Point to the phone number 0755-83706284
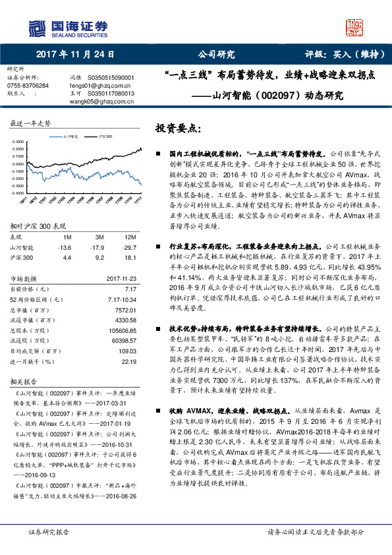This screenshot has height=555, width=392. [28, 86]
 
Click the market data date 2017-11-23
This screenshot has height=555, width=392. [121, 278]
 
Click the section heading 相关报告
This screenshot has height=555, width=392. [24, 381]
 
